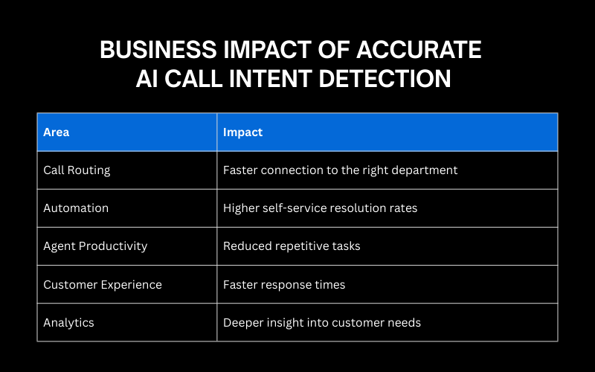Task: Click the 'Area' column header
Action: click(57, 132)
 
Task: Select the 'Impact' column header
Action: click(243, 132)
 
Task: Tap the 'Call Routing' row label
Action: click(77, 170)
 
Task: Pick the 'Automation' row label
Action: click(76, 208)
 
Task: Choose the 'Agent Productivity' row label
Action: click(95, 246)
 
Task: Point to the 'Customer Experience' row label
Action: click(103, 285)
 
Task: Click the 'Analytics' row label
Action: click(68, 323)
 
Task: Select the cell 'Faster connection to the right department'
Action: click(341, 170)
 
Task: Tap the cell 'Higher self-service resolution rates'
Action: click(321, 208)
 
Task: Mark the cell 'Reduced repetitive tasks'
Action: click(292, 246)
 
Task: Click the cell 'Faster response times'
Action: click(284, 285)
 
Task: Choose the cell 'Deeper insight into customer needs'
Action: click(322, 323)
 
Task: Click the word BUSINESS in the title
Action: click(158, 50)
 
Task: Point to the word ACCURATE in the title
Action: click(419, 50)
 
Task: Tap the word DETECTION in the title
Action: click(385, 79)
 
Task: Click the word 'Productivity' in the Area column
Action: click(113, 246)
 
